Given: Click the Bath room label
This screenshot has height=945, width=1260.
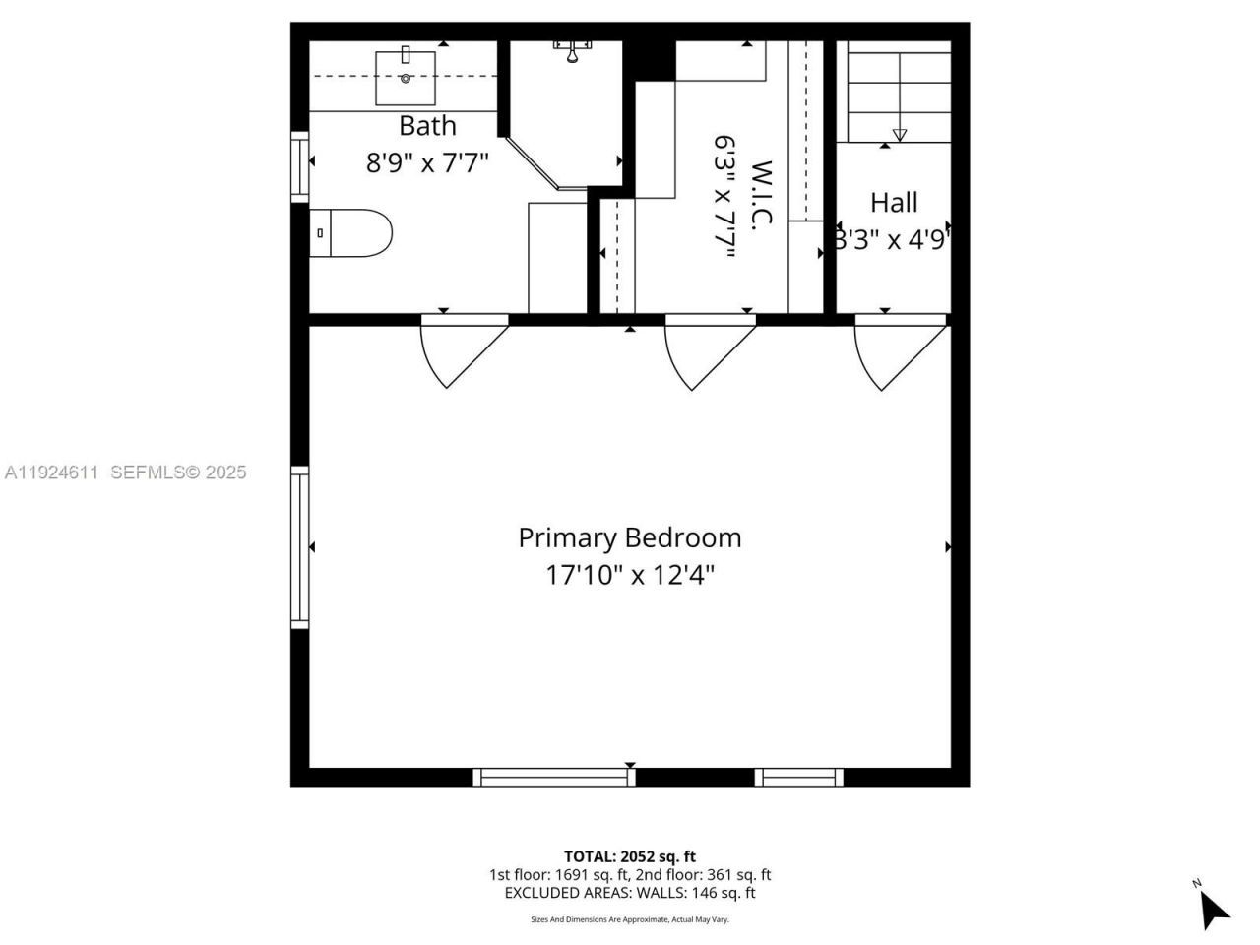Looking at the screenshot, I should pos(427,126).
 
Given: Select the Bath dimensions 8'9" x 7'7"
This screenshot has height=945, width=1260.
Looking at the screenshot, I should pos(427,162).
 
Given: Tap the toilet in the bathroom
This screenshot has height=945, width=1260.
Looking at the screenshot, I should pos(351,232).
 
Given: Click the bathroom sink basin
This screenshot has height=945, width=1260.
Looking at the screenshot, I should pos(405,78).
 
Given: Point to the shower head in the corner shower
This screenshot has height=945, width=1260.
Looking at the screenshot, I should pos(571,53).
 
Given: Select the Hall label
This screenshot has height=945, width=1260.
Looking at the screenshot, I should pos(894,203).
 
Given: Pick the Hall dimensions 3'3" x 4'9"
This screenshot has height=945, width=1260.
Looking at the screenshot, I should pos(892,239).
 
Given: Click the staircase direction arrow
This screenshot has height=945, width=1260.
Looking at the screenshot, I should pos(899,134).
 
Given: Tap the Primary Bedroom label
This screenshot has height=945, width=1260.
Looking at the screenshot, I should pos(630,537).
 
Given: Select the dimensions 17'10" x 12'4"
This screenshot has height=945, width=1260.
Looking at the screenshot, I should pos(630,575).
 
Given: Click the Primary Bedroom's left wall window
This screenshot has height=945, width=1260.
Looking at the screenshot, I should pos(299,546).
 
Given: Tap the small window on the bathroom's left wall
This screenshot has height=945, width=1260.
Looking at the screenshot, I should pos(299,166).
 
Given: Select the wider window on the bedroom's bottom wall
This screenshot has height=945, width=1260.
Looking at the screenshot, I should pos(554,777).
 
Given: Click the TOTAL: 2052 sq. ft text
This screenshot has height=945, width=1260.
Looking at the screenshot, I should pos(630,856).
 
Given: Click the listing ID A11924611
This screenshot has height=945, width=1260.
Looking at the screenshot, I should pos(52,472).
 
